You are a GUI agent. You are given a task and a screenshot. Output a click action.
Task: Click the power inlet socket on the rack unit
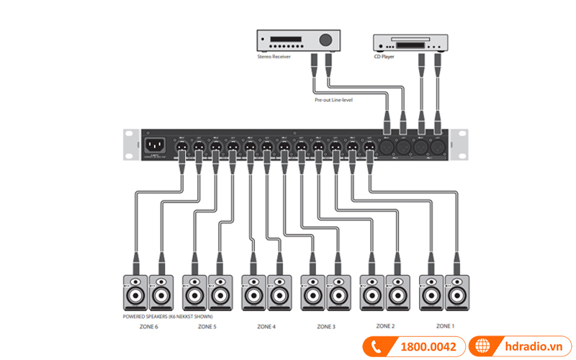coord(156,145)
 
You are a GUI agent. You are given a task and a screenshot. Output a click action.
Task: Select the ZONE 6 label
coord(148,327)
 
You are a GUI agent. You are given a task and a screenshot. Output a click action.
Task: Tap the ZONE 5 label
coord(207,327)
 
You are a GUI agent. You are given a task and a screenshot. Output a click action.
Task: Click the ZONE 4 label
coord(266,327)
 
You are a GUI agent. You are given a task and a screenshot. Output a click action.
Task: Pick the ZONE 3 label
coord(325,327)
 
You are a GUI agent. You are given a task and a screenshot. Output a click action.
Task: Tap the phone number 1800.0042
coord(428,347)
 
